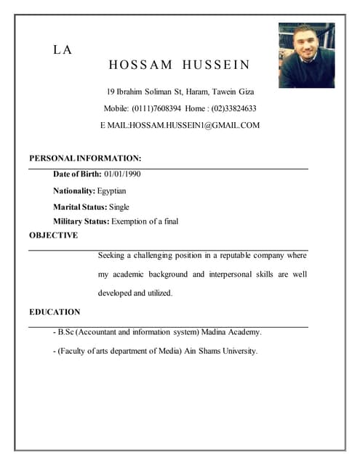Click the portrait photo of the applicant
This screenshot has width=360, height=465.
[306, 54]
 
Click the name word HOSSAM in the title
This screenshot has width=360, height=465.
[140, 65]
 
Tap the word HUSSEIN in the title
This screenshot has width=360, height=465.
[216, 65]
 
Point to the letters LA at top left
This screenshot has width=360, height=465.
[62, 50]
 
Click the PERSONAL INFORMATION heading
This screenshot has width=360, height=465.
[85, 158]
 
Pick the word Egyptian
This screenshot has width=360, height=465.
[111, 190]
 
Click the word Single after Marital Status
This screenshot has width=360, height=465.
[119, 207]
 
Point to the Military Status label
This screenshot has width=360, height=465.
[81, 221]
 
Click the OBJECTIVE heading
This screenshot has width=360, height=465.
[53, 235]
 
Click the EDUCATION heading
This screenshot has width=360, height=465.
[55, 312]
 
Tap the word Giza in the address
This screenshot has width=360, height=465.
[244, 92]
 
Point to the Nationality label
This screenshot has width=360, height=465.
[73, 190]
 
